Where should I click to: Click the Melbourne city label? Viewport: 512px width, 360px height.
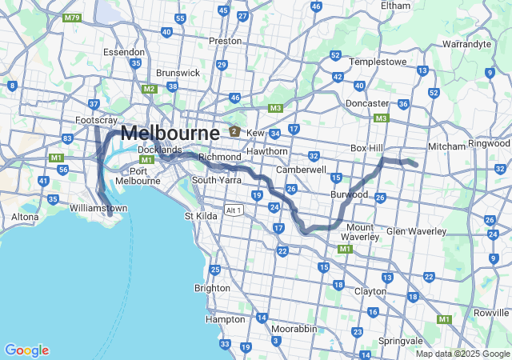tap(170, 133)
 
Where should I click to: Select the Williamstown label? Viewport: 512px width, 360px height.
tap(98, 208)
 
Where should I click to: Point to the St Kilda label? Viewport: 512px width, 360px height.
tap(201, 216)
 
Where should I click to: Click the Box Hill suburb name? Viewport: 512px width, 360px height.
tap(368, 148)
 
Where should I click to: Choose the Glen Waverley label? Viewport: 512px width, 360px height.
tap(416, 230)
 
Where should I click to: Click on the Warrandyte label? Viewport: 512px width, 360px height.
tap(466, 44)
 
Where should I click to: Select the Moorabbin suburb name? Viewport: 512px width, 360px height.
tap(292, 329)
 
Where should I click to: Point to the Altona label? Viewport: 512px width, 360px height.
tap(25, 217)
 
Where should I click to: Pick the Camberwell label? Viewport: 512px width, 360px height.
tap(301, 170)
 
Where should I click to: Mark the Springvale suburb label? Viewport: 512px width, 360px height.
tap(400, 341)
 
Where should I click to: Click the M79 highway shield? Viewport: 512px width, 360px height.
tap(72, 18)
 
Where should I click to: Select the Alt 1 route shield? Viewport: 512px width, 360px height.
tap(234, 210)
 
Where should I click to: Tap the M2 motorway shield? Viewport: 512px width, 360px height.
tap(149, 89)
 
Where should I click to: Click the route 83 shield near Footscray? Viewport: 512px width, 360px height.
tap(67, 138)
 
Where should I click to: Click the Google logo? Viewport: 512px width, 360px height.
tap(26, 350)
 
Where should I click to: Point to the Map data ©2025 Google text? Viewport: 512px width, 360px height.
tap(461, 354)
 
